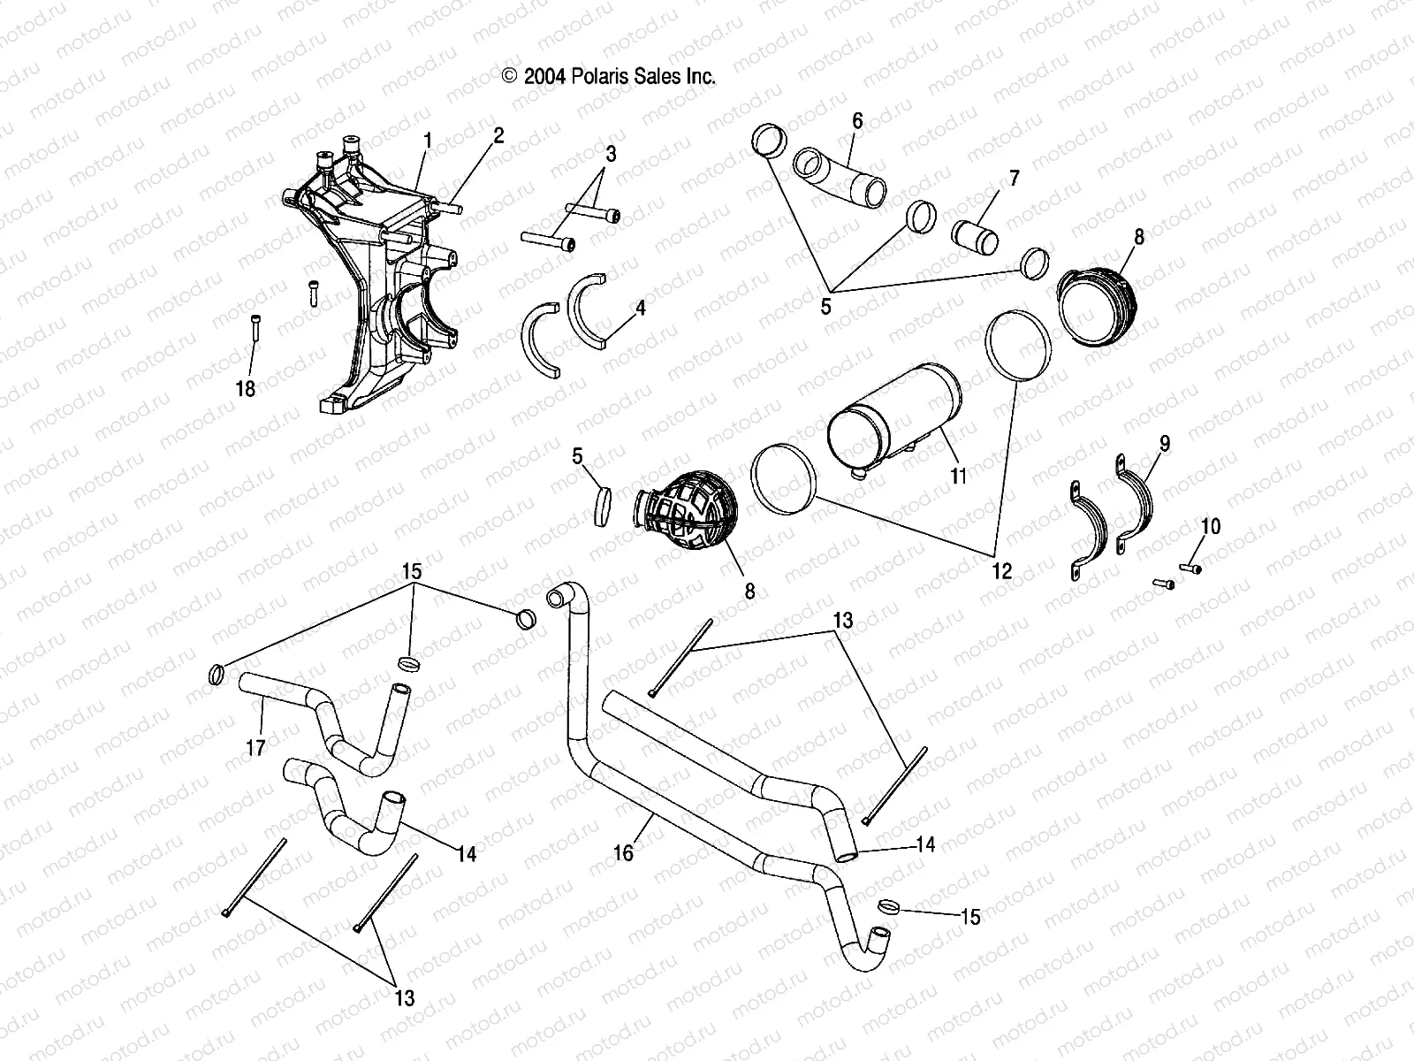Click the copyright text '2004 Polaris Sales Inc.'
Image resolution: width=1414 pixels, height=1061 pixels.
pos(609,77)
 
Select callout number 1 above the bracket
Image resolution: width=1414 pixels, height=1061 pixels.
pos(428,141)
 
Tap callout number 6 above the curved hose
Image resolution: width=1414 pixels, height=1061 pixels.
pos(856,120)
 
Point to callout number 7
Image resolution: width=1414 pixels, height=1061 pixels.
pos(1014,179)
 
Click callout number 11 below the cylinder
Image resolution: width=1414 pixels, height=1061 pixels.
pos(958,476)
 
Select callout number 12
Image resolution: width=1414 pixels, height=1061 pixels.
pos(1001,571)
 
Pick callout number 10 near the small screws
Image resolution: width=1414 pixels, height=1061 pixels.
pos(1210,527)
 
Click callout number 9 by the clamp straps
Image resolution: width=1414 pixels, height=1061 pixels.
pos(1165,444)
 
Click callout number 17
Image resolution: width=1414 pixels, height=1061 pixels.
pos(255,748)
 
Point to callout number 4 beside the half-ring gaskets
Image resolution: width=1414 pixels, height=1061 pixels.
pos(640,308)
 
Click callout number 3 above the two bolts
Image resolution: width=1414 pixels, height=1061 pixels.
pos(610,154)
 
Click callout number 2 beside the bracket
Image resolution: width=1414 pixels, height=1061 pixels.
pos(498,135)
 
